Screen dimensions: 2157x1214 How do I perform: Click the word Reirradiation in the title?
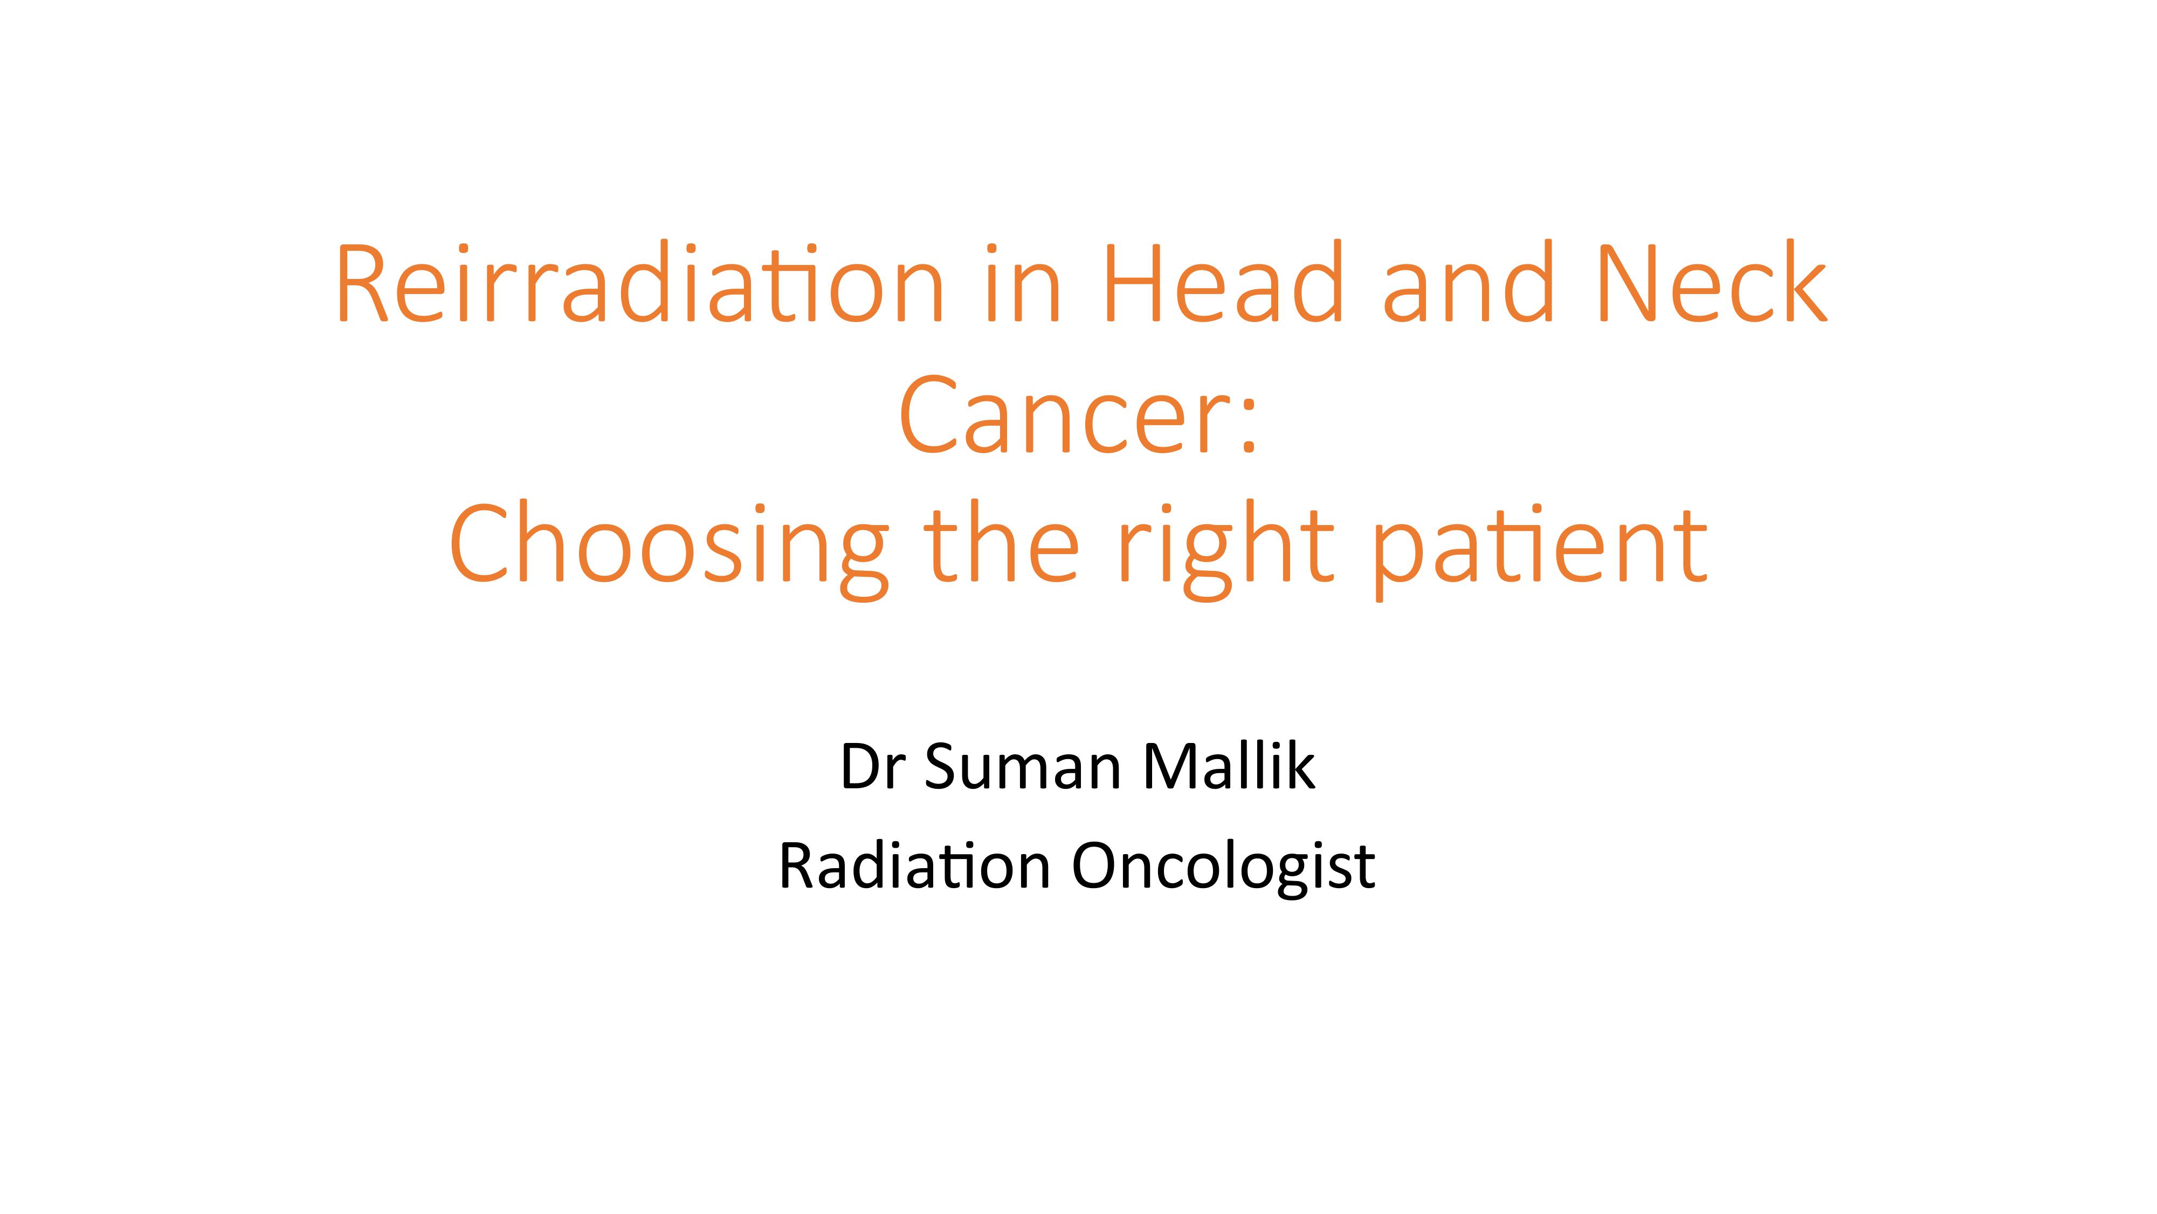[640, 282]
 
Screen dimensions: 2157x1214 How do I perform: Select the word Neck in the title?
[1712, 282]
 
